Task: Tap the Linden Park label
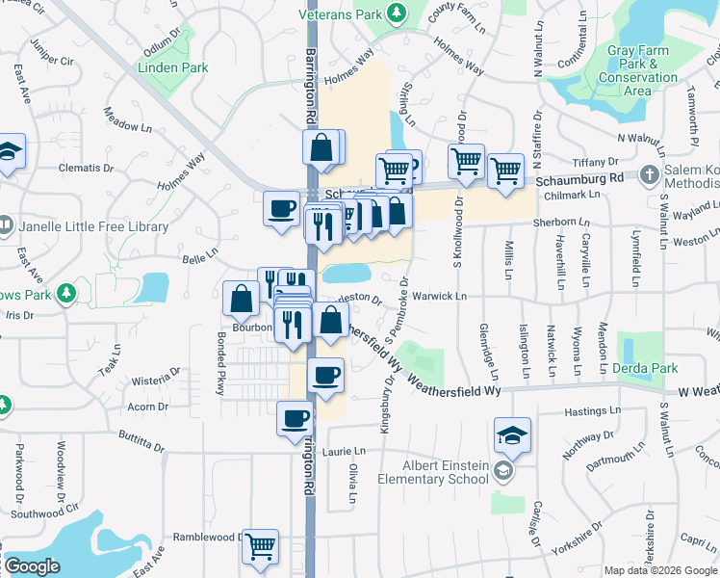(173, 68)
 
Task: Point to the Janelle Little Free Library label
(93, 227)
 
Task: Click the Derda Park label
(646, 368)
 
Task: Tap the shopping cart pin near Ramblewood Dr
(260, 545)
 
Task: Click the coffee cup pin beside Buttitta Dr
(296, 418)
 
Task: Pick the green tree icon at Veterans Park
(395, 12)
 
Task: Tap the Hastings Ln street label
(586, 411)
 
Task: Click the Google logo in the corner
(32, 566)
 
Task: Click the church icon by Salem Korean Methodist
(651, 176)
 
